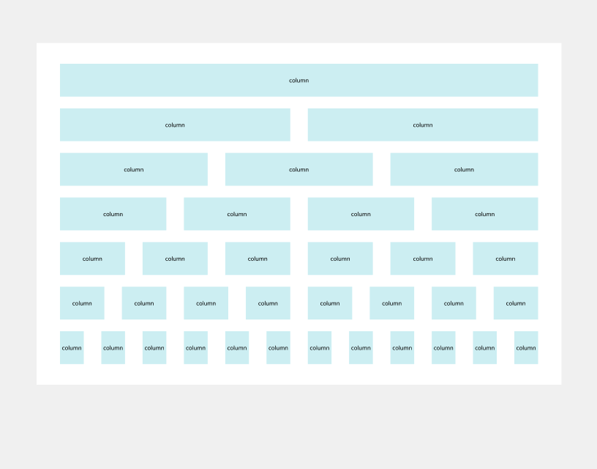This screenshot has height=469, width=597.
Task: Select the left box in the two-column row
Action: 175,125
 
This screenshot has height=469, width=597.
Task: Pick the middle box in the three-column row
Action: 298,169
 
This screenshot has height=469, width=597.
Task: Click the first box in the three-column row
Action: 134,169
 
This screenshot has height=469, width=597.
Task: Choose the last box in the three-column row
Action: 464,169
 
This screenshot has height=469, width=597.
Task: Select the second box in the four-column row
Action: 237,214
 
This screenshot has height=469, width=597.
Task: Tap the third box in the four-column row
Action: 361,214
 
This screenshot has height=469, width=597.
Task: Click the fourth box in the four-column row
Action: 484,214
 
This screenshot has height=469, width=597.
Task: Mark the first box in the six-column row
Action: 92,259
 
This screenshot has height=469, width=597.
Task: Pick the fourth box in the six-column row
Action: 340,259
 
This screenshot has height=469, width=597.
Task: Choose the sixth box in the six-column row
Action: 506,259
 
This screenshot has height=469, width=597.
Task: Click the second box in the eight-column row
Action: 144,303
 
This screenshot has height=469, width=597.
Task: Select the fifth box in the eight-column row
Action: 330,303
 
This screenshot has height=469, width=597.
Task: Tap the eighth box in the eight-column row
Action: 516,303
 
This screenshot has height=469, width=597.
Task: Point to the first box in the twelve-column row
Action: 72,348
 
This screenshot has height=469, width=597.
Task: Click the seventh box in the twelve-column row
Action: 320,348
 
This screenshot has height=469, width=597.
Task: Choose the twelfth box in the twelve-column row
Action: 526,348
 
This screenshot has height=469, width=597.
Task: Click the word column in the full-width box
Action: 298,81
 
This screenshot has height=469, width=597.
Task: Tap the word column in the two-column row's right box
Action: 423,125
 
